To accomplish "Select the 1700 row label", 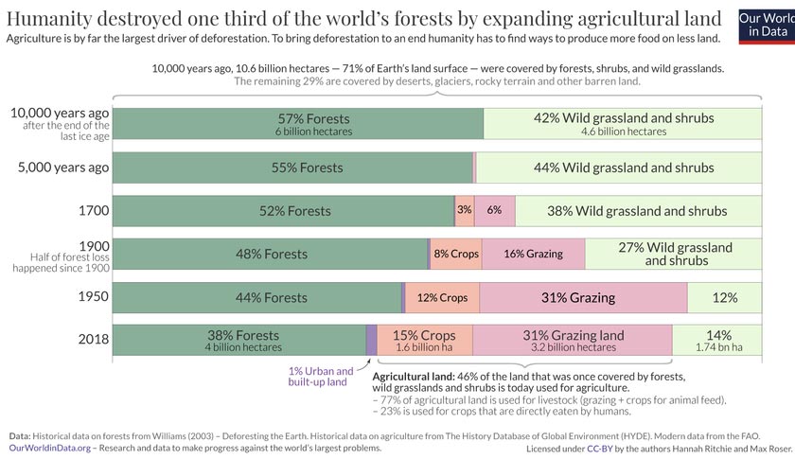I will (94, 210).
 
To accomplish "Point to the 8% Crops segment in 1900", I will (456, 254).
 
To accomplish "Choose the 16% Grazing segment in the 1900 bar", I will (533, 254).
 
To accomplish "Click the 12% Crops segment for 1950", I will (442, 297).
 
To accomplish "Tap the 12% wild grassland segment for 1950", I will (724, 297).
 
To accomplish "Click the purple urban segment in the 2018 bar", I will (371, 340).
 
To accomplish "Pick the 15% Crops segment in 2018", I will (425, 340).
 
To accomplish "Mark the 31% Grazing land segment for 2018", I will (573, 340).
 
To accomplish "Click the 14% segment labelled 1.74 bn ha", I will (718, 340).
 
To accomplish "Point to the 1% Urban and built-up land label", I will (321, 376).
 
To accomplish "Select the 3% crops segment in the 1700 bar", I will (464, 210).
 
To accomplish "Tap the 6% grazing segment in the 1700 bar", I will (494, 210).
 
